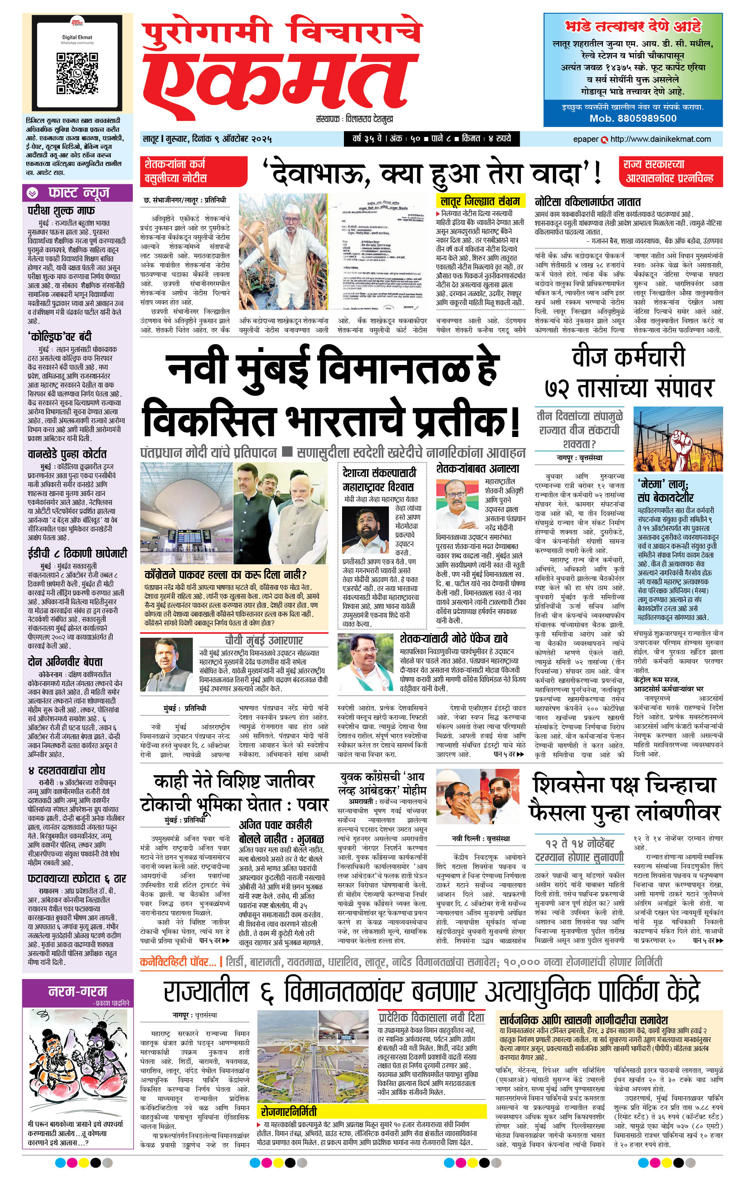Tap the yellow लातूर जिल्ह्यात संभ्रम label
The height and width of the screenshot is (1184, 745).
pos(480,200)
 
